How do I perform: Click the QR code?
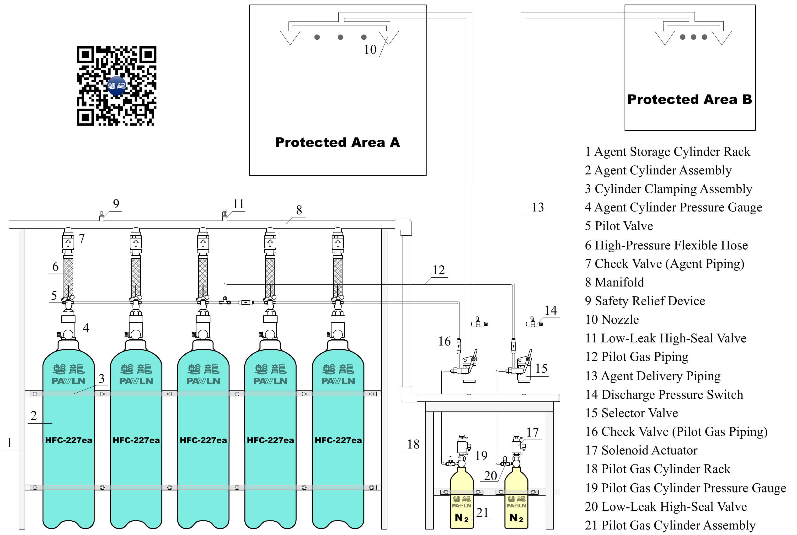[x=116, y=86]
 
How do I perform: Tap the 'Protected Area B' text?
[x=690, y=99]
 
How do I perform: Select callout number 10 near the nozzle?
[x=370, y=50]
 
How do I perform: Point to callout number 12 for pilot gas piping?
[x=439, y=270]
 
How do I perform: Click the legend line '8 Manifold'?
[x=614, y=282]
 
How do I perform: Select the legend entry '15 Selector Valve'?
[x=631, y=413]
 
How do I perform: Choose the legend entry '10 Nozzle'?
[x=612, y=319]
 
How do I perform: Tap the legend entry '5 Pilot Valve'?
[x=619, y=226]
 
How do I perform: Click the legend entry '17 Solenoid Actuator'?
[x=641, y=450]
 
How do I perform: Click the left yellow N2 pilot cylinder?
[x=461, y=498]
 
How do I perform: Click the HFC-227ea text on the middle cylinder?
[x=203, y=440]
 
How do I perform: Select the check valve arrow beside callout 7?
[x=68, y=243]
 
